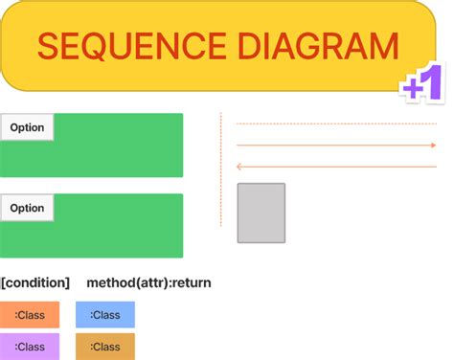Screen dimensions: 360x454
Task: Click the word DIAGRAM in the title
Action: click(x=307, y=47)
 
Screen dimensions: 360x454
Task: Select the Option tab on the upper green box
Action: click(x=27, y=127)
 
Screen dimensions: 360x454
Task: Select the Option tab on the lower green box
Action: click(x=27, y=208)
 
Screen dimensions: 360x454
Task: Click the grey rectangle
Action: click(x=261, y=213)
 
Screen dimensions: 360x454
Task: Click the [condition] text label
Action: click(x=35, y=282)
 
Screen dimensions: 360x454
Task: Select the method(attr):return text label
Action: click(x=148, y=282)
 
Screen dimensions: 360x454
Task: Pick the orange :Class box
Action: click(x=30, y=315)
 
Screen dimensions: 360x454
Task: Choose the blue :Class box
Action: click(x=105, y=315)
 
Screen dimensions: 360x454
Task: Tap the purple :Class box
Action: click(x=30, y=347)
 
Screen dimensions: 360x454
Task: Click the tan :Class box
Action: click(x=105, y=347)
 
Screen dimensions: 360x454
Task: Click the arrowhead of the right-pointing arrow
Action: click(x=433, y=146)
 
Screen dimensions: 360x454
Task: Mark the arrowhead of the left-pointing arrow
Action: click(x=239, y=166)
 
